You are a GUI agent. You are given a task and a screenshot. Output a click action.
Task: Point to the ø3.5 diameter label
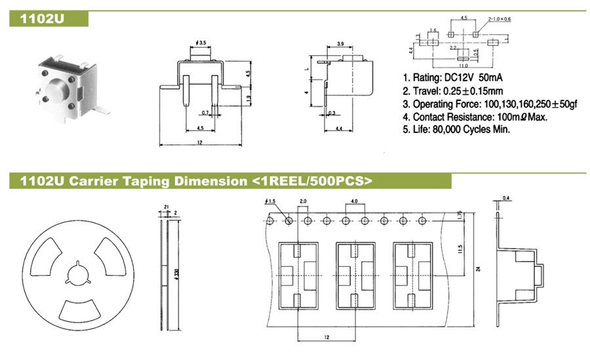(201, 43)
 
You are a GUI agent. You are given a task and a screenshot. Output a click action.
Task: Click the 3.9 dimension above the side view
(340, 43)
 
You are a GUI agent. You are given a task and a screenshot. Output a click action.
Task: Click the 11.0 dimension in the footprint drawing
(462, 66)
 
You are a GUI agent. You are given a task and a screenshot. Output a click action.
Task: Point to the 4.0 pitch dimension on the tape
(354, 201)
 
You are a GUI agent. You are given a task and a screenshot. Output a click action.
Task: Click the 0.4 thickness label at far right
(506, 197)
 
